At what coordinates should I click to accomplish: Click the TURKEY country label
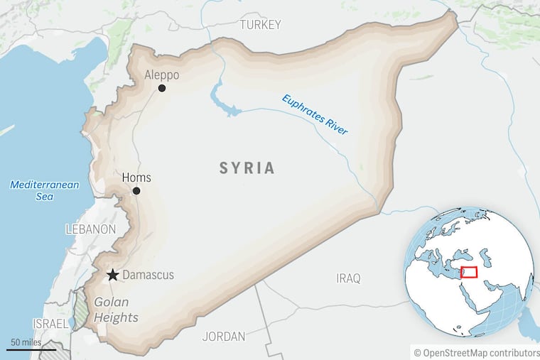click(x=260, y=25)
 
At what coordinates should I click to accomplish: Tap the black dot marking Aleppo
click(x=162, y=88)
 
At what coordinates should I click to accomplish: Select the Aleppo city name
click(x=161, y=75)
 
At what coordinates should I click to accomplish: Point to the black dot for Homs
click(x=136, y=191)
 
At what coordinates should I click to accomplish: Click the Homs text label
click(x=136, y=178)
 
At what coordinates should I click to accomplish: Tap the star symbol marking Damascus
click(x=112, y=275)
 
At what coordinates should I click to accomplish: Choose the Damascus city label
click(x=148, y=275)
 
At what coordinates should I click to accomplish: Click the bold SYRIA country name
click(x=247, y=168)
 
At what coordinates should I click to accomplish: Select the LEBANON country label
click(x=90, y=229)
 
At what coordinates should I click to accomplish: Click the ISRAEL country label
click(x=51, y=324)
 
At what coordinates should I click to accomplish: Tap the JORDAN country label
click(x=223, y=336)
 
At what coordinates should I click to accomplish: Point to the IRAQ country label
click(x=348, y=278)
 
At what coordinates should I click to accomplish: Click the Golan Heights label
click(x=116, y=310)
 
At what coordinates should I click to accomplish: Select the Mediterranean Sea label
click(x=45, y=190)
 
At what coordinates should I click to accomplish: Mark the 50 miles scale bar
click(x=31, y=348)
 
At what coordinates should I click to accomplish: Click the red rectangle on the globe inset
click(x=468, y=272)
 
